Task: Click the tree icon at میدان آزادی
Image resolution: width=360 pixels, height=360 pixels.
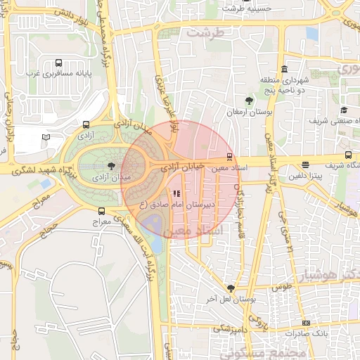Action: click(111, 166)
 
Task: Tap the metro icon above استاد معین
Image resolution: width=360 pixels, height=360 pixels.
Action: click(229, 157)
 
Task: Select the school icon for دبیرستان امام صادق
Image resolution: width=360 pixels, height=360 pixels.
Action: click(176, 193)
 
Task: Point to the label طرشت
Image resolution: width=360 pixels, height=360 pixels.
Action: click(214, 33)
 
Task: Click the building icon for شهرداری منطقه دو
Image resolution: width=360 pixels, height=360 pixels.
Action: click(284, 69)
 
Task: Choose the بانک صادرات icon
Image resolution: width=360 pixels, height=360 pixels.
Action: click(306, 322)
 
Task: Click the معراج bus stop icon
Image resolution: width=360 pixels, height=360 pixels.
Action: click(102, 210)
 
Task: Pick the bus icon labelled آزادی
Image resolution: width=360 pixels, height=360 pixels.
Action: click(86, 124)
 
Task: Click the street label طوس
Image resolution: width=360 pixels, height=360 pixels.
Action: click(281, 288)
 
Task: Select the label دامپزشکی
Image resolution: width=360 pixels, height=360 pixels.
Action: click(231, 328)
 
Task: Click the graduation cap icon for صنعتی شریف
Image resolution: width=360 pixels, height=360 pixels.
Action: click(344, 110)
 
